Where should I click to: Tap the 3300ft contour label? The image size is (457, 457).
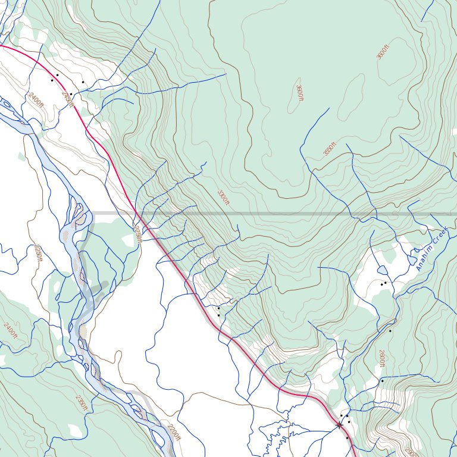pyautogui.click(x=223, y=197)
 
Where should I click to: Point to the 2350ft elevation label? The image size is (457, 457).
pyautogui.click(x=82, y=403)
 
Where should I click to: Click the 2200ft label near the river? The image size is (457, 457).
pyautogui.click(x=173, y=433)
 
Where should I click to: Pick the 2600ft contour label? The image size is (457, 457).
pyautogui.click(x=381, y=358)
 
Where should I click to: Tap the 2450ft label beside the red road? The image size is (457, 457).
pyautogui.click(x=68, y=99)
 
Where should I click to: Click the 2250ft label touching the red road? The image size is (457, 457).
pyautogui.click(x=138, y=234)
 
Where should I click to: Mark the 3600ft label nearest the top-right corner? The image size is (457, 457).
pyautogui.click(x=382, y=52)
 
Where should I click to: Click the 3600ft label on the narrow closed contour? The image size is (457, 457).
pyautogui.click(x=299, y=93)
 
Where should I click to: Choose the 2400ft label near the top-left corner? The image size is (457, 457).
pyautogui.click(x=36, y=99)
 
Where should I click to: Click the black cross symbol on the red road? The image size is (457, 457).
pyautogui.click(x=339, y=425)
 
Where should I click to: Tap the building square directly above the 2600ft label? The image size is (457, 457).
pyautogui.click(x=390, y=331)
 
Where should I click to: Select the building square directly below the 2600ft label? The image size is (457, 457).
pyautogui.click(x=381, y=380)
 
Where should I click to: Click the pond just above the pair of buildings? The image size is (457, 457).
pyautogui.click(x=381, y=271)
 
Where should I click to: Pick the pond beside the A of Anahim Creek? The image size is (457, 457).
pyautogui.click(x=412, y=260)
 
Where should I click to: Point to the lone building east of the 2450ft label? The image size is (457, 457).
pyautogui.click(x=83, y=82)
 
